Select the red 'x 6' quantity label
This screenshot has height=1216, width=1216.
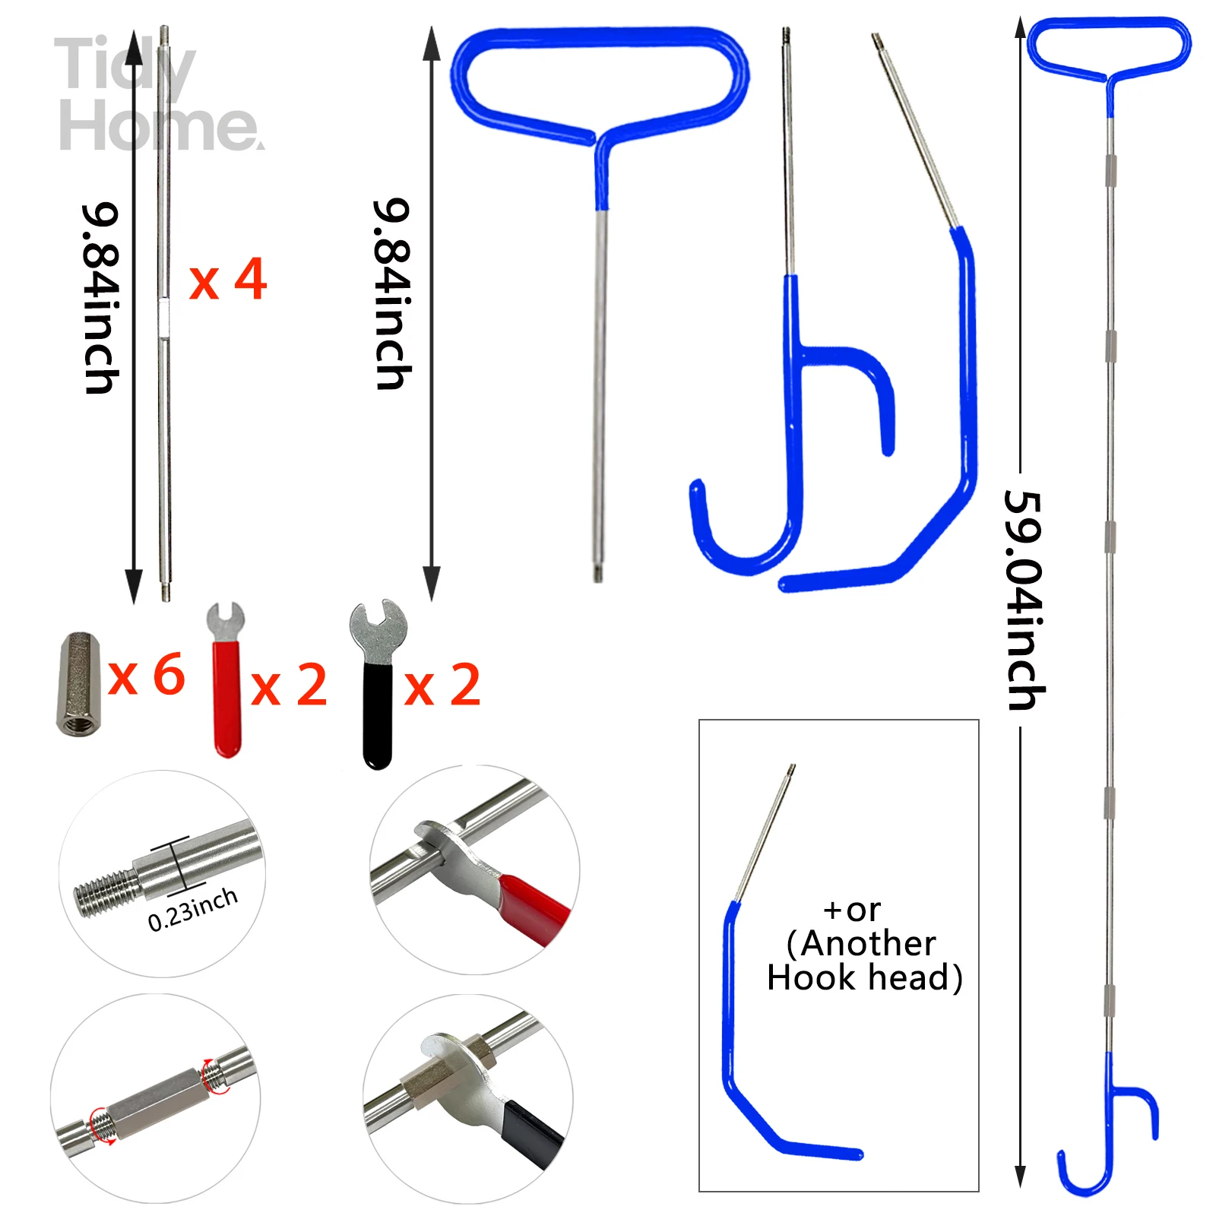pos(147,675)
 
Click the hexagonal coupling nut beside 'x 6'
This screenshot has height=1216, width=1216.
pos(78,683)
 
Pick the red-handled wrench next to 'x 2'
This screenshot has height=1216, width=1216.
pos(226,680)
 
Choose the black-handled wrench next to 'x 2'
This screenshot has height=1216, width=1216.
pos(378,684)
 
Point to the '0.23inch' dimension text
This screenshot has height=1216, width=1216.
pos(193,909)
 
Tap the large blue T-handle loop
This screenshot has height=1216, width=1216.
pos(600,84)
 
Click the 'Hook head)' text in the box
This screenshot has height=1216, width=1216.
pos(865,977)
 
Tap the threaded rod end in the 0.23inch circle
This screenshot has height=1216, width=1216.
pos(106,894)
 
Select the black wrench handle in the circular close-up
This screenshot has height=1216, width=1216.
pos(532,1132)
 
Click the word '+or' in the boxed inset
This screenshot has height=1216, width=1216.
pos(852,910)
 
